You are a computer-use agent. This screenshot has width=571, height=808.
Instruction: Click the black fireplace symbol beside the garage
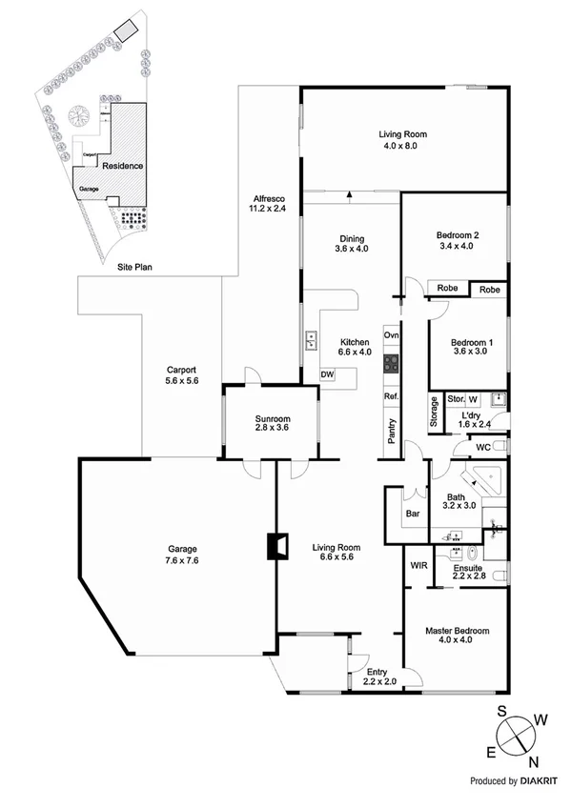276,546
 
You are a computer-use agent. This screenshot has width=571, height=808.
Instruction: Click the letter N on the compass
533,759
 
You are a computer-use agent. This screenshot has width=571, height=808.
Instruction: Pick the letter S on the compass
502,712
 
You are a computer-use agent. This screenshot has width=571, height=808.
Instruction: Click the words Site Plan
135,268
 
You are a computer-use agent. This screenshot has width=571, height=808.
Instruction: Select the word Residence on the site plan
123,166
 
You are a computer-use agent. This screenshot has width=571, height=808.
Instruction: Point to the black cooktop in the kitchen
391,362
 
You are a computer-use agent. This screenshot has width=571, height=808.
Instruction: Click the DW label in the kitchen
327,374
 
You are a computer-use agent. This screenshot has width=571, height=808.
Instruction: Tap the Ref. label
390,396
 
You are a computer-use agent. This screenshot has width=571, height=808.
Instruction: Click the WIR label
418,565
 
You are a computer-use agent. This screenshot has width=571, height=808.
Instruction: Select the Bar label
413,514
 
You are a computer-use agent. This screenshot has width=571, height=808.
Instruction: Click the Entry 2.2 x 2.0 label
379,677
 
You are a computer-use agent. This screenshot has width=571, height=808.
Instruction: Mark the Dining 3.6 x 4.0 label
350,244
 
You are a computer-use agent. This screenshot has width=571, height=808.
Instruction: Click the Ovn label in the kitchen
391,335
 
